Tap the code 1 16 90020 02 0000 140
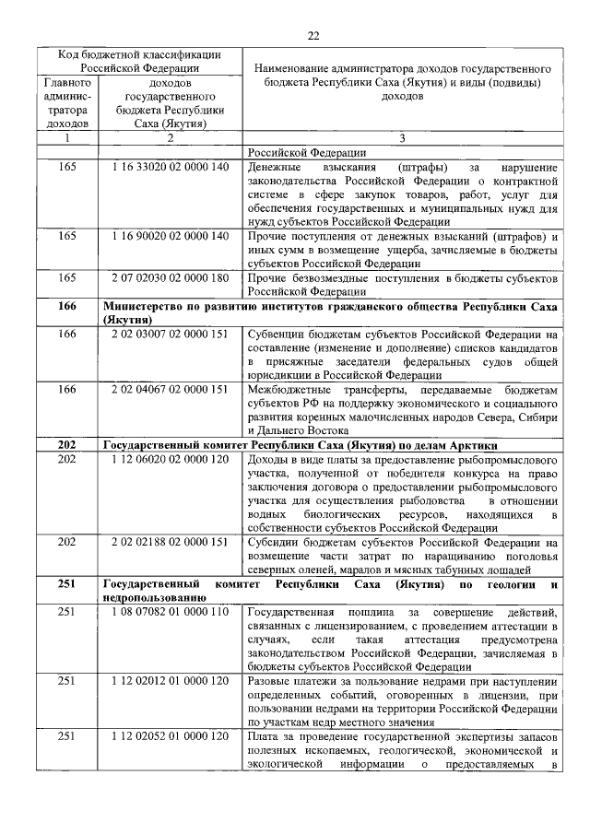[169, 237]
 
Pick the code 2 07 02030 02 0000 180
[169, 277]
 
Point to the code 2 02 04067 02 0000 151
[169, 390]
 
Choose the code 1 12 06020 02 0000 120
[169, 459]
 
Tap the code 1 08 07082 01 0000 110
[169, 613]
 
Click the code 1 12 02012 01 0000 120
[169, 681]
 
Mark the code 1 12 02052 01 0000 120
[169, 736]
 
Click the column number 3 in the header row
[402, 138]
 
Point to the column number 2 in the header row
[169, 138]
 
